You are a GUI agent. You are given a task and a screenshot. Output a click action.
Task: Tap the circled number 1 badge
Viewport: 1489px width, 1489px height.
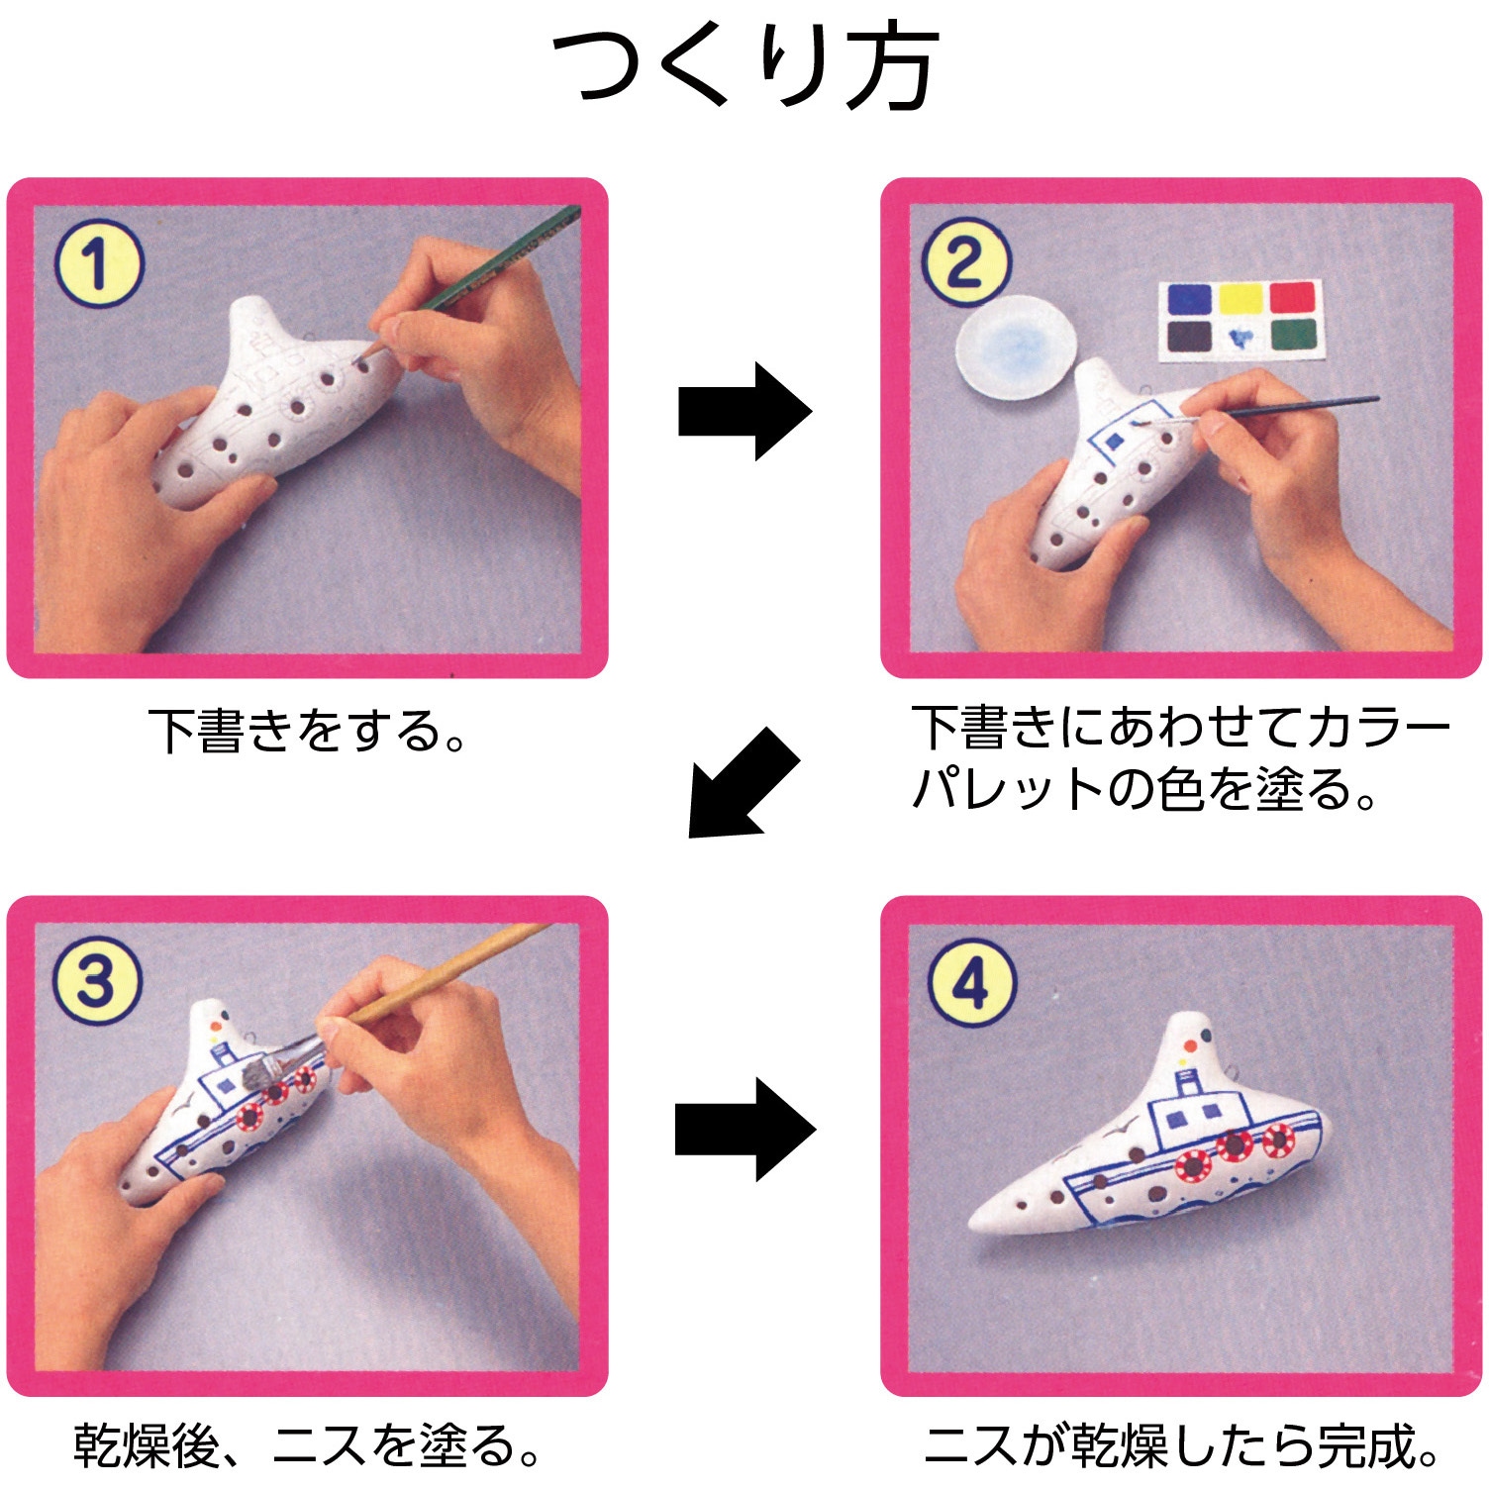coord(98,264)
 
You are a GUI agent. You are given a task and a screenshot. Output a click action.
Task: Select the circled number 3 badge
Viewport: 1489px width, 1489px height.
coord(96,981)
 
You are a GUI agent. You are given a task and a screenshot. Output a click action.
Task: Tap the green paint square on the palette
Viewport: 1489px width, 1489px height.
coord(1293,337)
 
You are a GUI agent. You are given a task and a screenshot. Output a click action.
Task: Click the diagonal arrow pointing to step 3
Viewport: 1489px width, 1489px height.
coord(743,782)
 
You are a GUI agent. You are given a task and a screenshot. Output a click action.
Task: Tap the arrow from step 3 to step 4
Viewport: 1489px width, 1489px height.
coord(744,1129)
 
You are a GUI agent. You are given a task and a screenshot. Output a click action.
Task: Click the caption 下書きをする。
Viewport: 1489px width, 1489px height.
coord(308,730)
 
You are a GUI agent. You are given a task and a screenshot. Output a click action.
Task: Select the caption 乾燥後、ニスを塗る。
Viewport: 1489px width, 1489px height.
coord(308,1446)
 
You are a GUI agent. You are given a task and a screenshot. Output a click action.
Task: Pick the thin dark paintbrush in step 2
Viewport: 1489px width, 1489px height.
coord(1287,408)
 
